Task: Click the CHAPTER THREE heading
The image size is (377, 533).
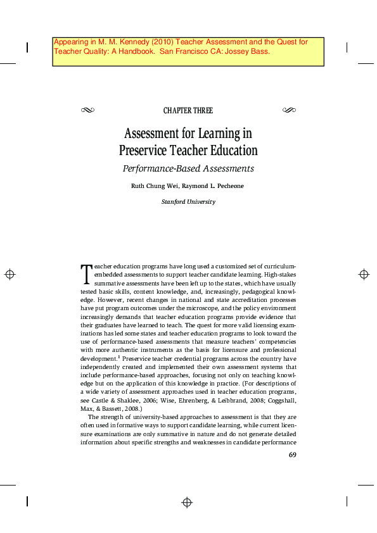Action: click(x=188, y=111)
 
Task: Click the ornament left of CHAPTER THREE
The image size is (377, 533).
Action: click(x=87, y=110)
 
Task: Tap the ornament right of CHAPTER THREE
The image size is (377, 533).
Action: click(x=288, y=110)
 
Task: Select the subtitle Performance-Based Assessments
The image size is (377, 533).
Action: click(x=188, y=168)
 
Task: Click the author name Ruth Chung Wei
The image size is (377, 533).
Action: click(x=155, y=186)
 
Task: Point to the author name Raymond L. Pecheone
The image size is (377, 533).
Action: click(x=214, y=186)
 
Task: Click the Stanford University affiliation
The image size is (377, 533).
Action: click(x=188, y=202)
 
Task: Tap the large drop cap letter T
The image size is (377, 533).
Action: click(x=86, y=273)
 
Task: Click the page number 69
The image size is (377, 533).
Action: click(x=293, y=455)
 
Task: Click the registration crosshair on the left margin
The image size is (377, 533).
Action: click(x=10, y=274)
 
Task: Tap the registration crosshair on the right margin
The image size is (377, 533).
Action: click(x=364, y=274)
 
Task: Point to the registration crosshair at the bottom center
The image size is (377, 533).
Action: click(x=187, y=503)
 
